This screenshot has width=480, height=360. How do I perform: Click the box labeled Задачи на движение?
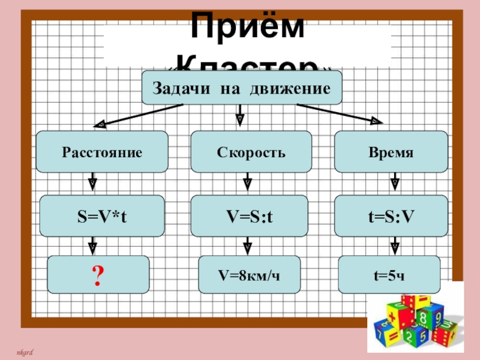coord(241,88)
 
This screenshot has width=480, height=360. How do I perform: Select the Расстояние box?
coord(102,152)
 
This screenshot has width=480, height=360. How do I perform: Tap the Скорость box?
coord(251,152)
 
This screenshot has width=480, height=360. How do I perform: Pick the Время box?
coord(391,152)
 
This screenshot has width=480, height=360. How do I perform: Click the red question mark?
coord(98,275)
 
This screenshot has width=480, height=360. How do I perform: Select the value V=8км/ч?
coord(249,275)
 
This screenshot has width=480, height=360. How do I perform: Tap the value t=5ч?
coord(389,275)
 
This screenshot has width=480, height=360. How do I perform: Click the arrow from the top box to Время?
coord(339,114)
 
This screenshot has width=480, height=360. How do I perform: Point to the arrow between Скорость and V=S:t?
coord(247,184)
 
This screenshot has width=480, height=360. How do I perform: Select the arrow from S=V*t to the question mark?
coord(93,245)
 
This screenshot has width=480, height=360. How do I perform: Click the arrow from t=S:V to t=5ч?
coord(395,245)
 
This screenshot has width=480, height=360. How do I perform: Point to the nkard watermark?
coord(24,350)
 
